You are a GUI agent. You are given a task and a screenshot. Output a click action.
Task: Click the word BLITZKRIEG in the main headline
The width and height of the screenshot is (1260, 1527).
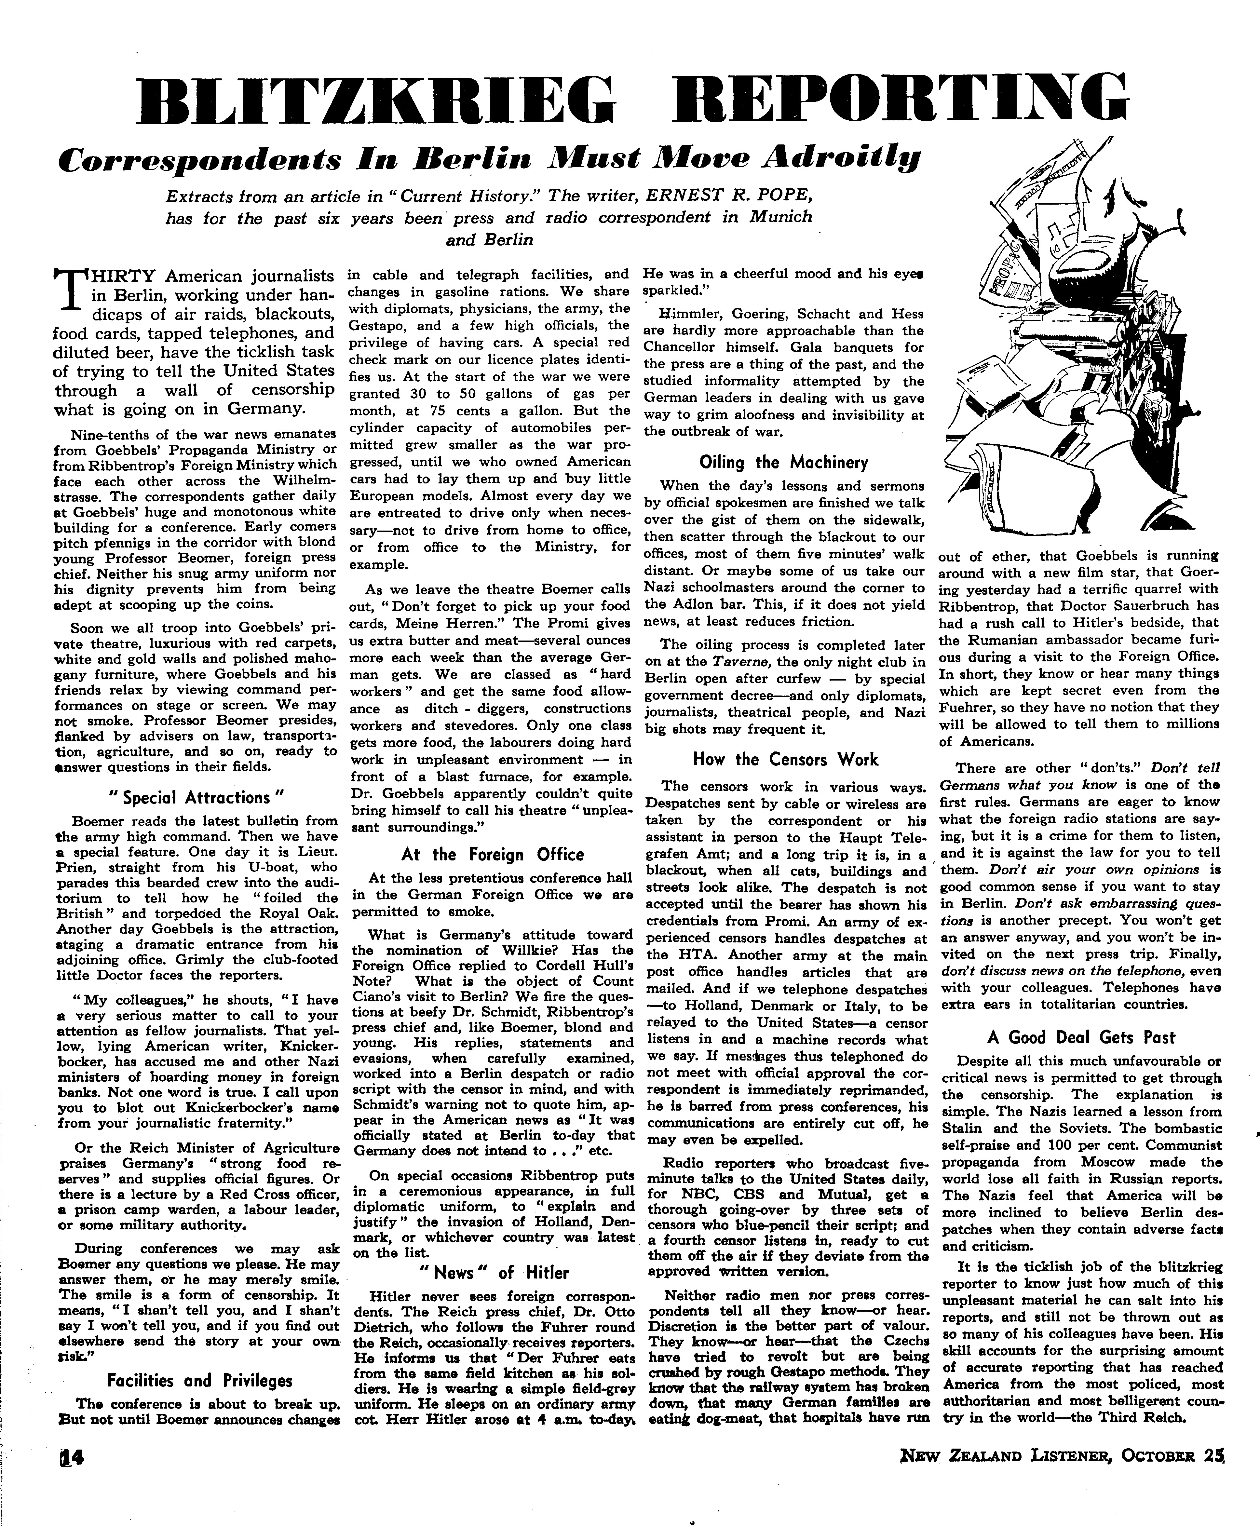[x=385, y=101]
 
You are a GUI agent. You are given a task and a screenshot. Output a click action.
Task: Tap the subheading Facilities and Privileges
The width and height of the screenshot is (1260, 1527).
[x=200, y=1380]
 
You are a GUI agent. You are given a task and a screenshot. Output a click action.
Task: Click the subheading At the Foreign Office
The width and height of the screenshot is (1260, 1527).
[x=492, y=854]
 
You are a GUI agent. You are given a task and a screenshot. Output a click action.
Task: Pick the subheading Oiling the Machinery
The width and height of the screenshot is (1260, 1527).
[x=784, y=462]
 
